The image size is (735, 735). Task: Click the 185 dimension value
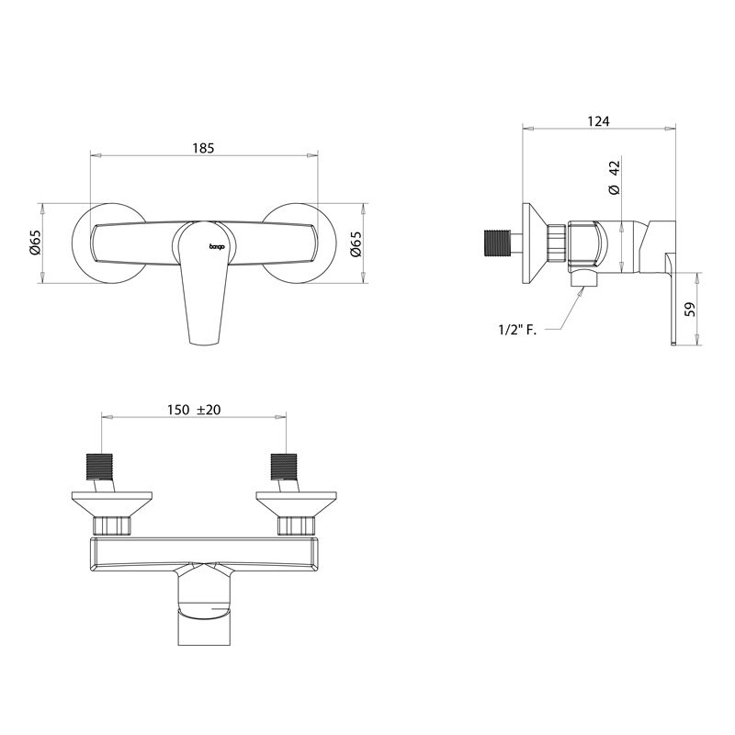point(203,148)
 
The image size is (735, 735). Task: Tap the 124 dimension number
point(599,121)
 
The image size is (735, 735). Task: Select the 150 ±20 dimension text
point(194,410)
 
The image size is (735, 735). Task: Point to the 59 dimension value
point(690,310)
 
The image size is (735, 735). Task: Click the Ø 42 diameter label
point(614,177)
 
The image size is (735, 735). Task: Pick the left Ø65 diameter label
point(36,243)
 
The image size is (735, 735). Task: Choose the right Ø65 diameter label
point(356,243)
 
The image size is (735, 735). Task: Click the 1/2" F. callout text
point(517,330)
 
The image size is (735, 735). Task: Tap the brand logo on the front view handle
point(217,246)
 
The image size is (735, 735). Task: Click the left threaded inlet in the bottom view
point(99,467)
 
